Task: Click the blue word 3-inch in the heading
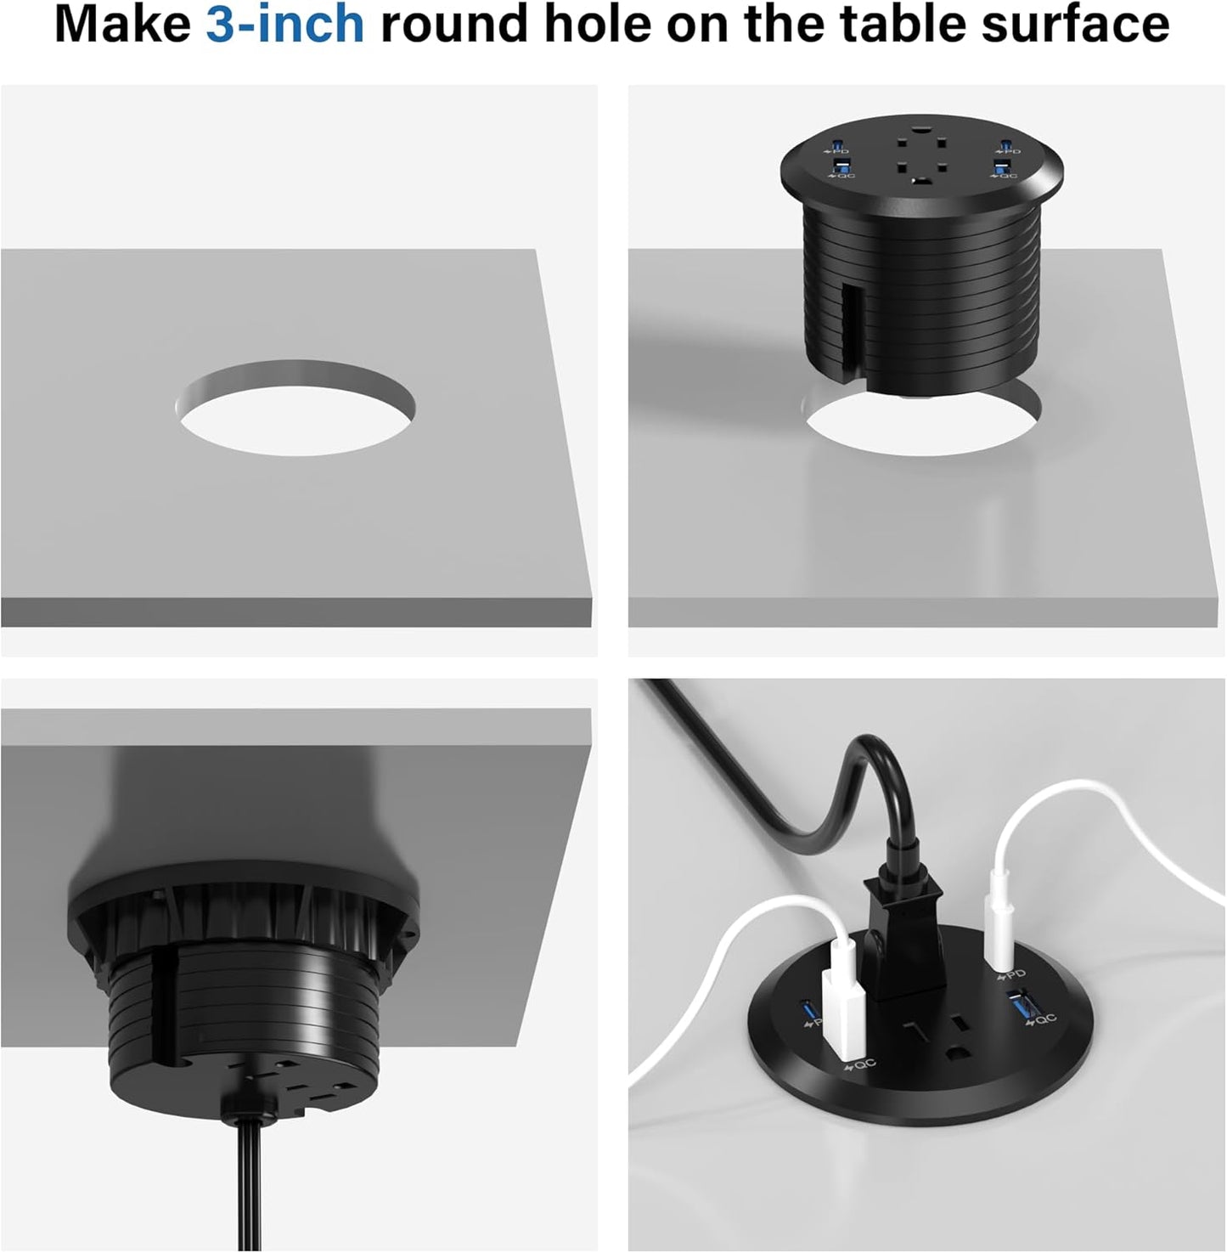(x=285, y=25)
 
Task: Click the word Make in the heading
(x=123, y=25)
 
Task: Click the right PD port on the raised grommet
(x=1005, y=142)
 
